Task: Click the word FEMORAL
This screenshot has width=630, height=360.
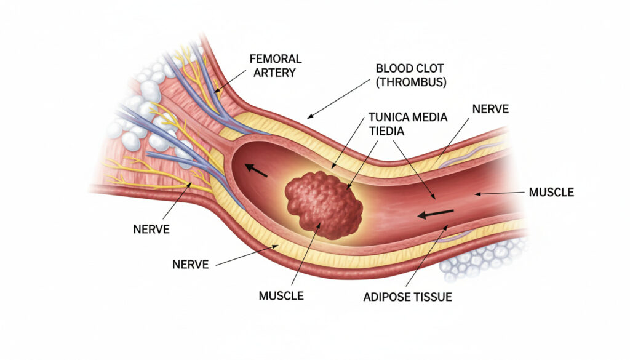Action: (276, 59)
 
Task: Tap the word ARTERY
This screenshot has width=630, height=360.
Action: (274, 73)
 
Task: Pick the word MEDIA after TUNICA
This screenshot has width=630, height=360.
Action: (429, 118)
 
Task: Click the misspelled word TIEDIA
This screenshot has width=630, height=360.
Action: (386, 131)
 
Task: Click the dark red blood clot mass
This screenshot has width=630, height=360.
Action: (324, 205)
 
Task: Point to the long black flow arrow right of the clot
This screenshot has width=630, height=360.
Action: (436, 214)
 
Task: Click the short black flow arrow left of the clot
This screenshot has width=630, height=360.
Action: (256, 170)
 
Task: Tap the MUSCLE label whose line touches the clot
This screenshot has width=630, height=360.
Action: (281, 296)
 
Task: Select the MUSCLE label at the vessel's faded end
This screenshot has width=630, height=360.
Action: (551, 193)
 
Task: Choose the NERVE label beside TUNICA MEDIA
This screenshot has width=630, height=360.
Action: (490, 109)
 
